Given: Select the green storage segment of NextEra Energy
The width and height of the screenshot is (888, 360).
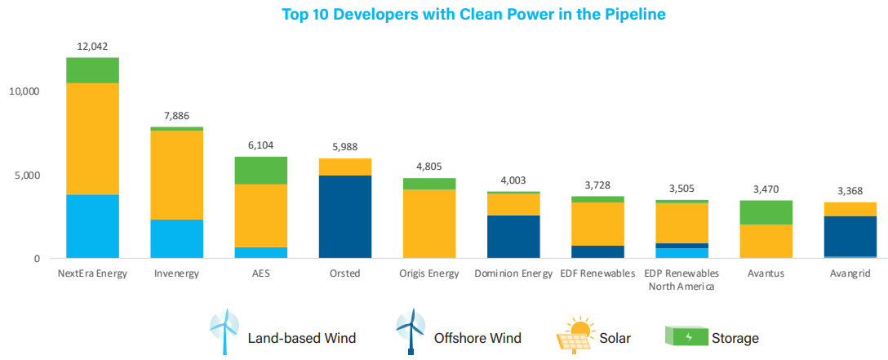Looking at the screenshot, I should pos(92,70).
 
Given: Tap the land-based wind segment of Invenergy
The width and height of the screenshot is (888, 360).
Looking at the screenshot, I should pos(178,238).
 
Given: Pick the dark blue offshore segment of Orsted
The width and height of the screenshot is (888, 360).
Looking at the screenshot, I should pos(344,216).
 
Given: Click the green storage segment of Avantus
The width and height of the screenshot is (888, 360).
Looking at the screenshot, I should pos(766,212).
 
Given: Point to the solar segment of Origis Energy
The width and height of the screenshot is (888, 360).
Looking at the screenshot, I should pos(429,224).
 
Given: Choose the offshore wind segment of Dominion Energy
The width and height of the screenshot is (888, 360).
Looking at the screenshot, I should pos(513,237).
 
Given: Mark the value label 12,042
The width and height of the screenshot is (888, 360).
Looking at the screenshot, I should pos(92,46).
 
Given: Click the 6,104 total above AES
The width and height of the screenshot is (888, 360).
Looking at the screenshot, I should pos(261,144).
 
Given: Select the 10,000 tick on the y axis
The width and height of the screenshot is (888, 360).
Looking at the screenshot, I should pos(24,91).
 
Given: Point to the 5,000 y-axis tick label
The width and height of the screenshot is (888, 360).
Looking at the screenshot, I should pos(27,176).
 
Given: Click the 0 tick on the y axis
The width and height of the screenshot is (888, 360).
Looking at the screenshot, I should pos(37,259).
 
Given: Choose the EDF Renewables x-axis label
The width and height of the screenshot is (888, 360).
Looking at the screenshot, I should pos(597,273).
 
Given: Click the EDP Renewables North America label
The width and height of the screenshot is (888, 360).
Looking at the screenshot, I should pos(682,279).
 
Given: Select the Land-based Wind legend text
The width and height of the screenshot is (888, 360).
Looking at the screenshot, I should pos(301,337).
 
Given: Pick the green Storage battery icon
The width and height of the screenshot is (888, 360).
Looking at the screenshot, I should pos(685,336).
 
